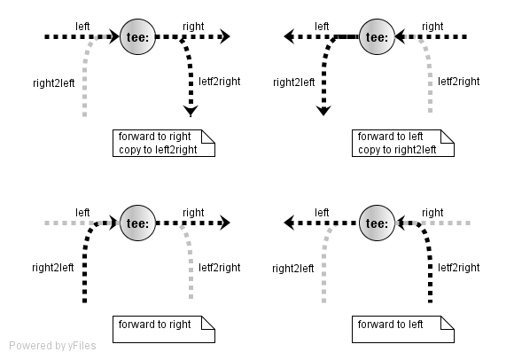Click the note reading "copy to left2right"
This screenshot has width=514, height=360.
[x=164, y=144]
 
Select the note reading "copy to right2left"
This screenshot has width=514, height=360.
[x=403, y=144]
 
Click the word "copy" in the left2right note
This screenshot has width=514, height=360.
[x=129, y=151]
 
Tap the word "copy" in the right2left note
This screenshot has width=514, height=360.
[x=369, y=151]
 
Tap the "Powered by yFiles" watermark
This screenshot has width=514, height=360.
[x=52, y=346]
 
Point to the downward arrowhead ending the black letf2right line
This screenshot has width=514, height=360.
[x=191, y=111]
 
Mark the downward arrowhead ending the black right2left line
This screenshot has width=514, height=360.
[x=323, y=111]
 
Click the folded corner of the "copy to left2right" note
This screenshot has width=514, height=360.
[x=208, y=137]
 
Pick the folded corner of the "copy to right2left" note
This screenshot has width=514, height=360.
[x=448, y=137]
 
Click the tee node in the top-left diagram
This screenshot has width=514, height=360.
[x=137, y=36]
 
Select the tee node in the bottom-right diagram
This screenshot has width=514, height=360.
[x=377, y=223]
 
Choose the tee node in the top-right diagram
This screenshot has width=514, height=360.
[x=377, y=36]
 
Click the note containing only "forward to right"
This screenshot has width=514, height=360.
[x=164, y=330]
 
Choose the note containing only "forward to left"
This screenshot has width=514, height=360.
[x=403, y=330]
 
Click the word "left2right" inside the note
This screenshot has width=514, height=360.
[x=176, y=150]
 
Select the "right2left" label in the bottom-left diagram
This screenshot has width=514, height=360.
[x=53, y=268]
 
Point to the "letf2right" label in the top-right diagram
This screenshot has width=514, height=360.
[x=458, y=82]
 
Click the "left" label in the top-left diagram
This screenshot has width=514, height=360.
[x=82, y=27]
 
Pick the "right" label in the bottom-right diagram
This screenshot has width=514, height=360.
[x=432, y=213]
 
